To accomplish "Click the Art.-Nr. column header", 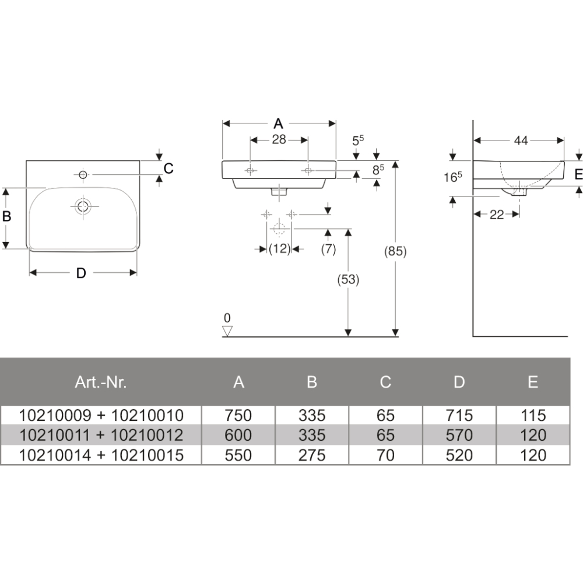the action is (101, 382).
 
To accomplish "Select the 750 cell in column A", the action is (238, 415).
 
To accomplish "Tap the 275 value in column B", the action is (311, 455).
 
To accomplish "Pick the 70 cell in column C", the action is (385, 455).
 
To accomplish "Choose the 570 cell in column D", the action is (459, 435).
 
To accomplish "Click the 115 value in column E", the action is (533, 415).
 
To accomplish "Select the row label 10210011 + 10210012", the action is (101, 435).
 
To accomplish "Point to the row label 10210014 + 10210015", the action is (101, 455).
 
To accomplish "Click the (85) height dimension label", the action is (395, 251).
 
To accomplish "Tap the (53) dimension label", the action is (348, 279).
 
